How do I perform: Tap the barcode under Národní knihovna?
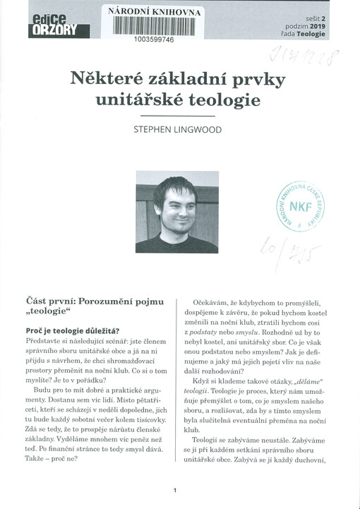pos(152,27)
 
